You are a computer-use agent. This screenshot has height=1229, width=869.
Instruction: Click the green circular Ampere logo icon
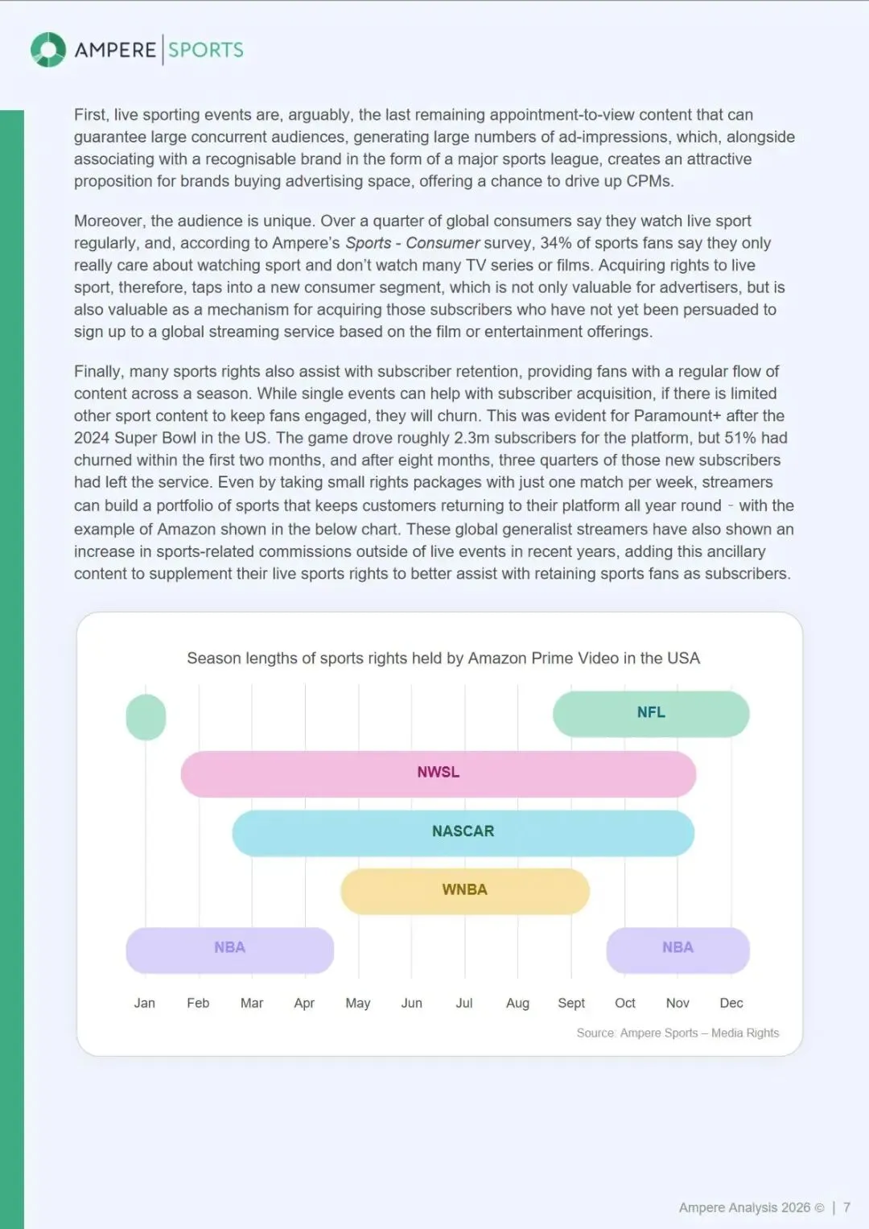click(48, 50)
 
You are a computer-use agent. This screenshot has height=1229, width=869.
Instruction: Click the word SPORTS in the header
click(206, 50)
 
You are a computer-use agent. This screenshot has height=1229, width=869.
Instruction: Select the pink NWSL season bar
click(438, 773)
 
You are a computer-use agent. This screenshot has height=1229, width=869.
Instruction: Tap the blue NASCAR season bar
click(463, 832)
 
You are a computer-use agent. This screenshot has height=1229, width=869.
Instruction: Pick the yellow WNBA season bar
click(465, 890)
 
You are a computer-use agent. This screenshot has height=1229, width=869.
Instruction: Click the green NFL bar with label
click(651, 713)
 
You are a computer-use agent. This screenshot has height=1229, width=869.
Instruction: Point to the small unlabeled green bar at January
click(146, 717)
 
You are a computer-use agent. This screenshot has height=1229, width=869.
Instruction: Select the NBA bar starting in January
click(229, 949)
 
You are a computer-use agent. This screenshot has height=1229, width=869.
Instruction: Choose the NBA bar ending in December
click(677, 949)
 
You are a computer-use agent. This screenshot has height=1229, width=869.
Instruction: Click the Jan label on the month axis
click(145, 1003)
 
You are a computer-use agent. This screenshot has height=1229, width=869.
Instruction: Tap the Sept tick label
click(571, 1003)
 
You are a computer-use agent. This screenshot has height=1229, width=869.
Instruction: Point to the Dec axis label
click(731, 1003)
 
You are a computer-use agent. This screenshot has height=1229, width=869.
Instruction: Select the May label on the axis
click(358, 1003)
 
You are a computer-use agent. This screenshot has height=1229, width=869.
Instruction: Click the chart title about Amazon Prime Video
click(443, 658)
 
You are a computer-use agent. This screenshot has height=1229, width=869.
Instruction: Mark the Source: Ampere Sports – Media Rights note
click(677, 1033)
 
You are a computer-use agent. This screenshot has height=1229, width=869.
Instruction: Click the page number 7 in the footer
click(846, 1207)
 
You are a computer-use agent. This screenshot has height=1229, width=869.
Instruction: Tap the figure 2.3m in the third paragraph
click(472, 438)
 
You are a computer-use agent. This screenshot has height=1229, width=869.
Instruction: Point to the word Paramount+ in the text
click(677, 416)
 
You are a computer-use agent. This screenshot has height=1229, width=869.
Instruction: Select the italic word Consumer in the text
click(443, 243)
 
